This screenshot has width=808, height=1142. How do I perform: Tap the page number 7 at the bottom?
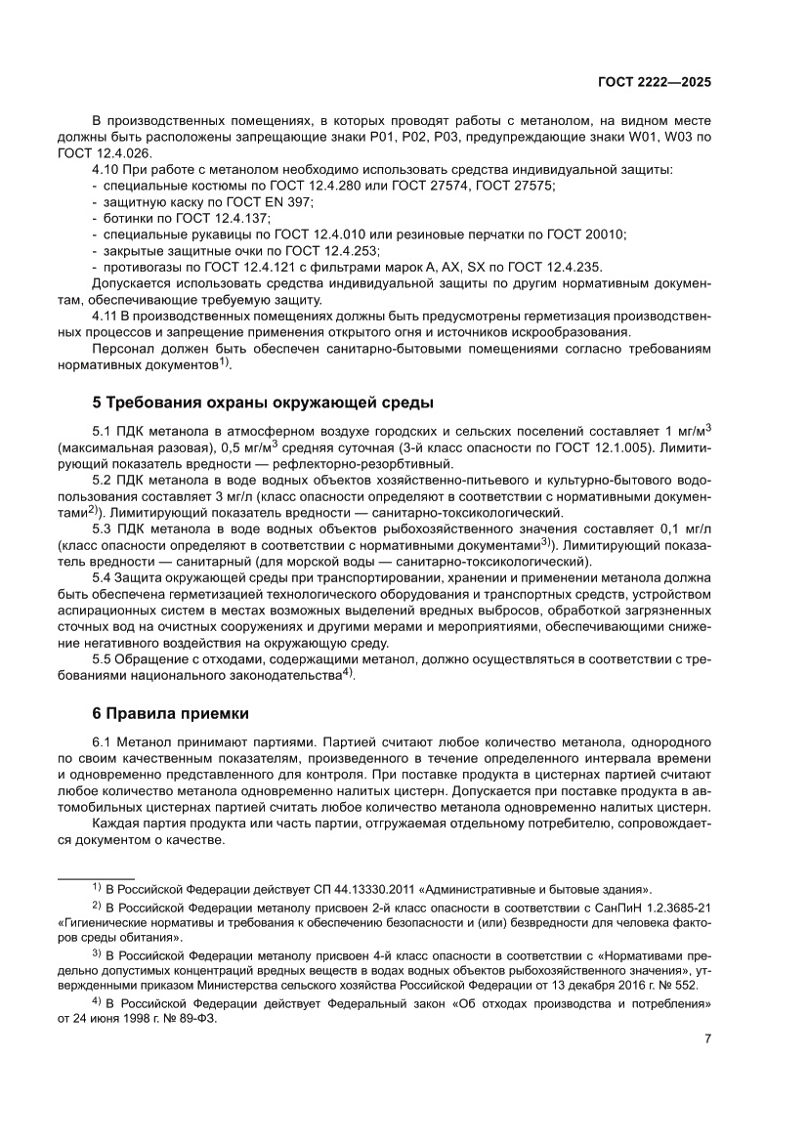coord(706,1038)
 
